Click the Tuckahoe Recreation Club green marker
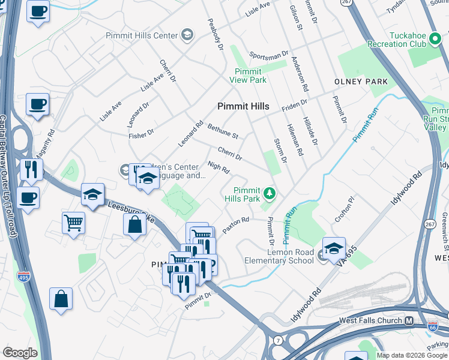point(435,40)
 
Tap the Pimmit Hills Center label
point(142,35)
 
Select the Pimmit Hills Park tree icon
point(270,193)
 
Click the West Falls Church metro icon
point(409,321)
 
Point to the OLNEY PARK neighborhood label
point(361,81)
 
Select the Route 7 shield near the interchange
point(279,341)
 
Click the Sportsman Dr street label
point(268,56)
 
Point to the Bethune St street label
point(223,132)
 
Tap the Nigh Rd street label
point(218,168)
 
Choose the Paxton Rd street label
point(235,225)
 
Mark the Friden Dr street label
point(294,106)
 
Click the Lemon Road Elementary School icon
point(334,248)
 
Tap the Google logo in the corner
point(20,353)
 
